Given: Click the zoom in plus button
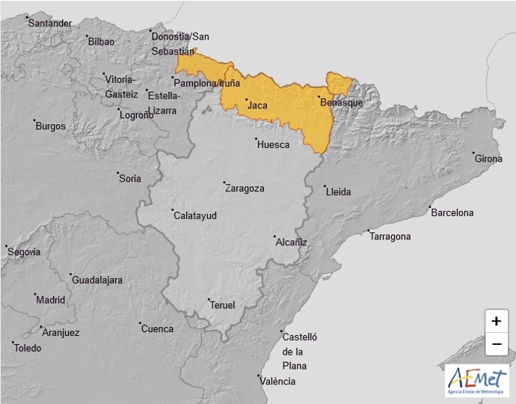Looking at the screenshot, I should (496, 321).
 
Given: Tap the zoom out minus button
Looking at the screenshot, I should (496, 344).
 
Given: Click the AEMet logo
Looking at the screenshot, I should (476, 380).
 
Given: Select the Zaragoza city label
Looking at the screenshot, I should (245, 189).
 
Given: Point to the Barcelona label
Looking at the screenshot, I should (452, 212).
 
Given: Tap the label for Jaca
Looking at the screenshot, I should (257, 105).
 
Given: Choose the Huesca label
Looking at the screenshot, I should (273, 144).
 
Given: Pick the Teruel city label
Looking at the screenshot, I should (222, 305).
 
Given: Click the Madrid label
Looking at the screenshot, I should (51, 300).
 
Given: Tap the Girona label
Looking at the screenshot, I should (488, 159).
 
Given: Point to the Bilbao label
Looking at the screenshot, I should (101, 42).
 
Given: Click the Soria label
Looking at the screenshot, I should (129, 178).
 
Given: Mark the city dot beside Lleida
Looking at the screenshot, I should (325, 187).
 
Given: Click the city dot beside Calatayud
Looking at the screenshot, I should (173, 210).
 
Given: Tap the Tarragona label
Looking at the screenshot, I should (390, 236).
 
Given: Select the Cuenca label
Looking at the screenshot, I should (157, 328).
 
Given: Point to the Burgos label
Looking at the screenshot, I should (51, 126).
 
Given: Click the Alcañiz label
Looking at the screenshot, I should (292, 242).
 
